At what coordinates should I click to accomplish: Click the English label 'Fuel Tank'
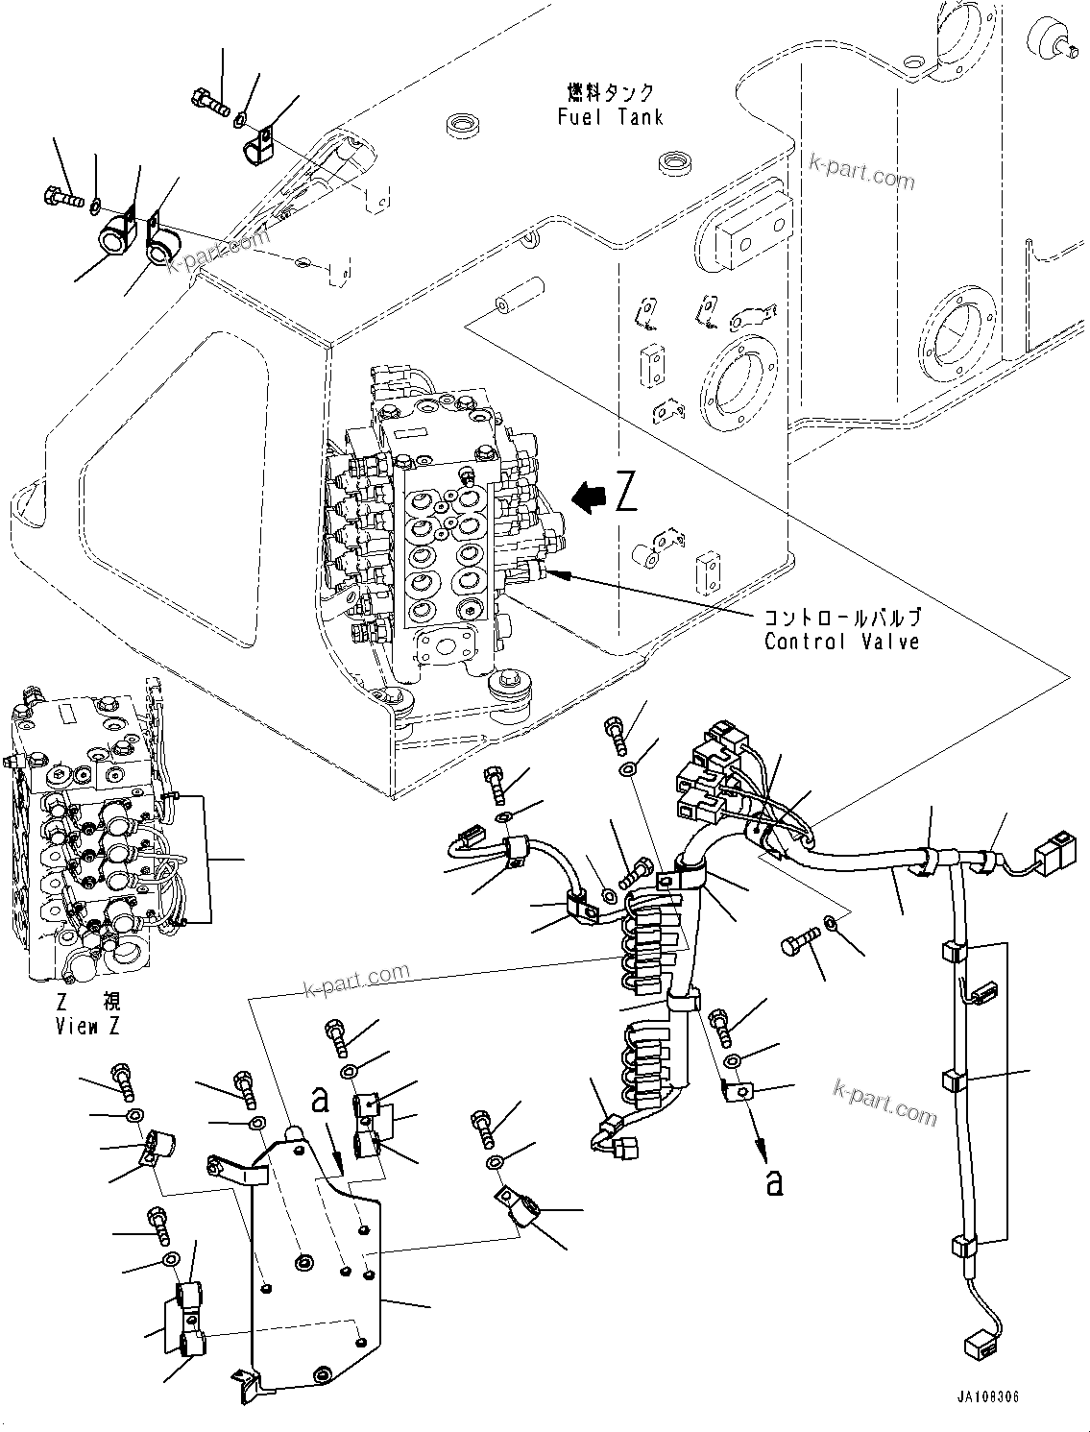pos(610,117)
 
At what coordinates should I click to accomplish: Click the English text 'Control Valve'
pos(841,642)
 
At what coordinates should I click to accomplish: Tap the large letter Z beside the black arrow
pos(625,496)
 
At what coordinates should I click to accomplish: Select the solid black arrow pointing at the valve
pos(587,496)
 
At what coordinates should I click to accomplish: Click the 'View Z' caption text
pos(87,1027)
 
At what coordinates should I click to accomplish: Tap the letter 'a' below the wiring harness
pos(773,1182)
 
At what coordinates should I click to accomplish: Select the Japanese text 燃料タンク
pos(610,92)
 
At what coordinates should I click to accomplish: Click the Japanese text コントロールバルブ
pos(841,618)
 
